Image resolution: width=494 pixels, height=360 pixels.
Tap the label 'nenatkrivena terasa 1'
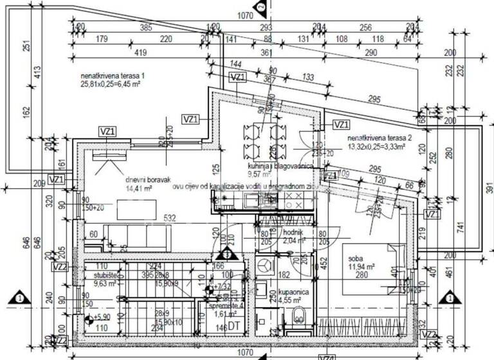[x=112, y=76]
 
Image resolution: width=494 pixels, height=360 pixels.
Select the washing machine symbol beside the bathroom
[x=264, y=264]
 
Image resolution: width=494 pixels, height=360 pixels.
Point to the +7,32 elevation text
[x=224, y=287]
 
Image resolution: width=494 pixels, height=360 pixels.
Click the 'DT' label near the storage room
[x=234, y=328]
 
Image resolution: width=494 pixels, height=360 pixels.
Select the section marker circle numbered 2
[x=260, y=7]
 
